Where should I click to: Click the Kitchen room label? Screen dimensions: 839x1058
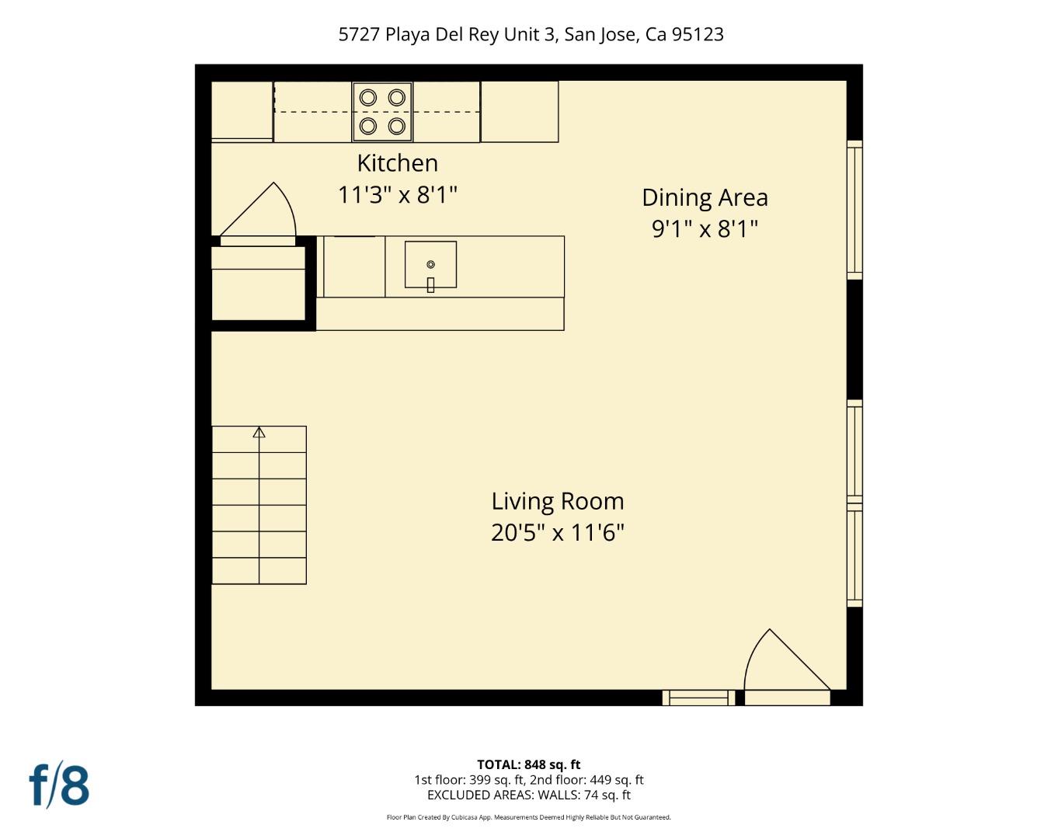pyautogui.click(x=397, y=163)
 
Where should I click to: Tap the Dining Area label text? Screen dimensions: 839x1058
pyautogui.click(x=705, y=197)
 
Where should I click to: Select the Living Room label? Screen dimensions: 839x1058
pyautogui.click(x=557, y=501)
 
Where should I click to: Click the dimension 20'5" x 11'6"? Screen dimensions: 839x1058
pyautogui.click(x=557, y=533)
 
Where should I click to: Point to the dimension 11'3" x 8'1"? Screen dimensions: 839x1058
pyautogui.click(x=397, y=194)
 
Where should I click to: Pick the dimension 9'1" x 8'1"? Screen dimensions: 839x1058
pyautogui.click(x=705, y=229)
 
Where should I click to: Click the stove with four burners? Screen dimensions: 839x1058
pyautogui.click(x=382, y=111)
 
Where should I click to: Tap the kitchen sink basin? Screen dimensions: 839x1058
pyautogui.click(x=430, y=264)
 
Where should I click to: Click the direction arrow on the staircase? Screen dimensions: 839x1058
pyautogui.click(x=259, y=432)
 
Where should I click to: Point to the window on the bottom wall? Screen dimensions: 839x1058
pyautogui.click(x=698, y=698)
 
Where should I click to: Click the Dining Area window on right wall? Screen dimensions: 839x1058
pyautogui.click(x=854, y=210)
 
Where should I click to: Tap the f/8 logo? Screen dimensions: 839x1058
pyautogui.click(x=60, y=785)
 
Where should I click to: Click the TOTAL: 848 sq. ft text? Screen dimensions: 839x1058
pyautogui.click(x=528, y=764)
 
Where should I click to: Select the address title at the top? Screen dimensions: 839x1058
pyautogui.click(x=531, y=34)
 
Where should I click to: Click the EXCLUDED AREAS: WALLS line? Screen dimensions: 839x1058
pyautogui.click(x=528, y=795)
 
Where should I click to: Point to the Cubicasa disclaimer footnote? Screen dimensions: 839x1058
pyautogui.click(x=528, y=817)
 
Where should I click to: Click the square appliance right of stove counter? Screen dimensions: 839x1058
pyautogui.click(x=520, y=111)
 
